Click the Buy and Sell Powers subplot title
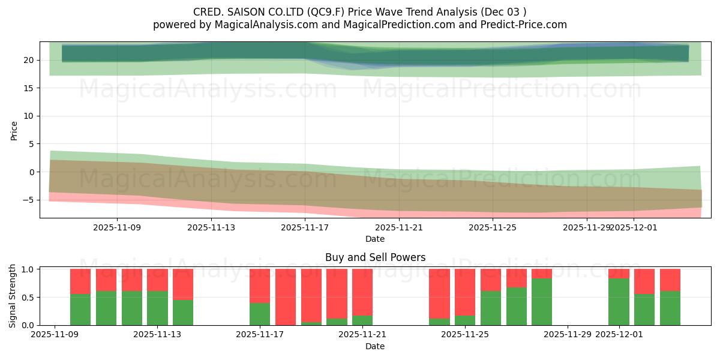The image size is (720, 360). [x=375, y=257]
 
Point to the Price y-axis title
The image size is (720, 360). [x=14, y=130]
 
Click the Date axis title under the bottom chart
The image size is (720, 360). [x=375, y=346]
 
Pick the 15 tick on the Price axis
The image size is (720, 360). [x=29, y=88]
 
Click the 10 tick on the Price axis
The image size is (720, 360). [x=29, y=116]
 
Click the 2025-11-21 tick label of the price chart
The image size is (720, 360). [x=398, y=227]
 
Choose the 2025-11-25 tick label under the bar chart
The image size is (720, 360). [x=465, y=334]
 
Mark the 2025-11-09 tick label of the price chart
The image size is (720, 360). [x=117, y=227]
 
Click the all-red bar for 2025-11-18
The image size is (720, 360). [x=286, y=297]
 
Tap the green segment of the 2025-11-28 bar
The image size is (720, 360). [x=542, y=302]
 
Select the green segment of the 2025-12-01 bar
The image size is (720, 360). [x=619, y=302]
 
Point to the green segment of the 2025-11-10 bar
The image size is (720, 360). [x=80, y=310]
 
